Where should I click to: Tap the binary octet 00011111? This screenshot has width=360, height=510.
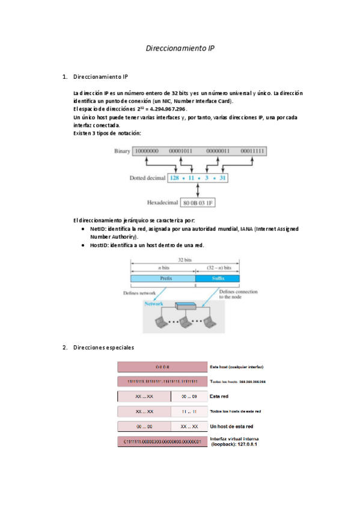pos(252,150)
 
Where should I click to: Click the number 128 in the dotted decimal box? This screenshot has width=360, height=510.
pos(175,178)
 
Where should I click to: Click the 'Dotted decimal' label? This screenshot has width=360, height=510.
pos(147,178)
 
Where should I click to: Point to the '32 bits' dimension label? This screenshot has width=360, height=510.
pos(185,260)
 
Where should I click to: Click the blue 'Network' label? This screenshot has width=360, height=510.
pos(153,304)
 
